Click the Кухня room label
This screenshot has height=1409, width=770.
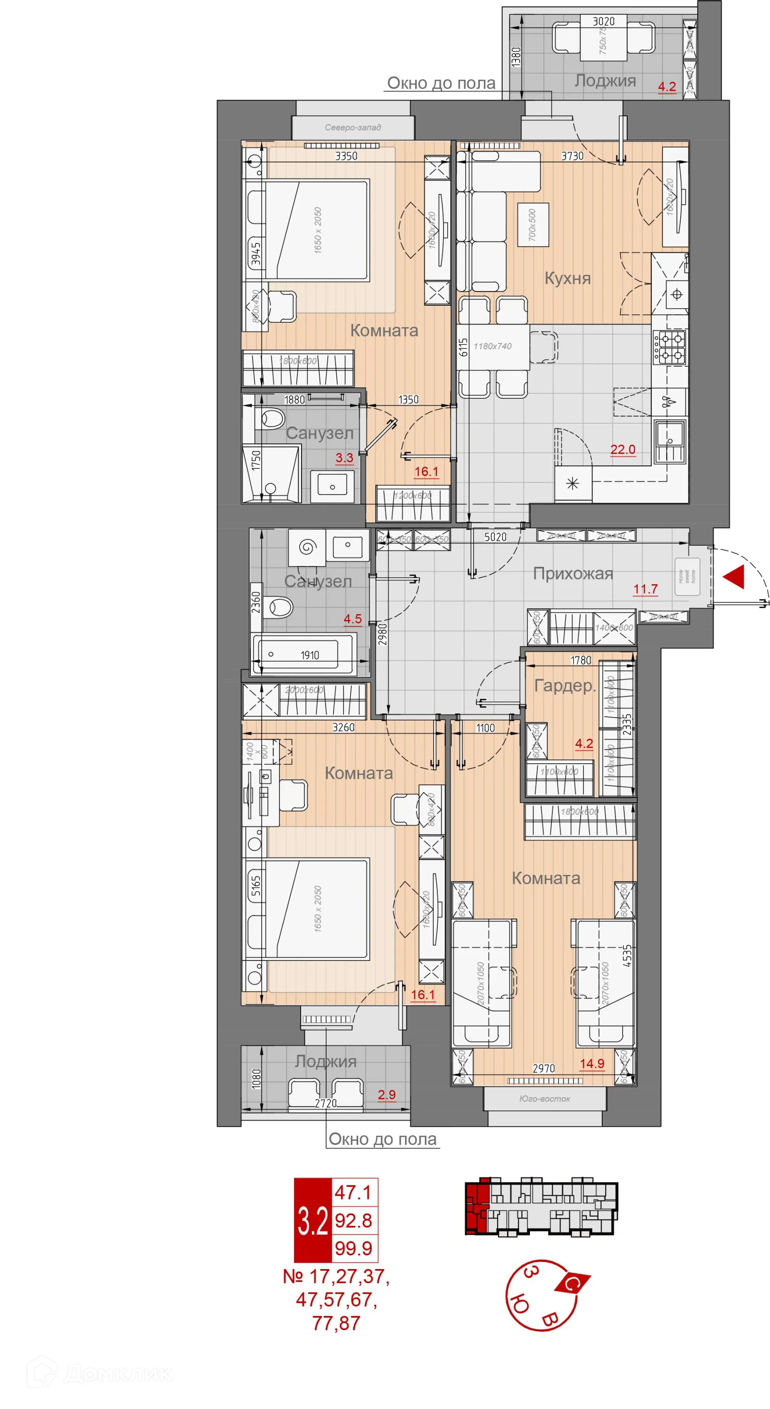click(x=567, y=278)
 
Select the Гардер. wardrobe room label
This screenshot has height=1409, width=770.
click(x=564, y=685)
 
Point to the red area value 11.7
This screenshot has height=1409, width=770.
click(x=645, y=589)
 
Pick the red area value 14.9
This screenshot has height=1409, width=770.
click(x=591, y=1063)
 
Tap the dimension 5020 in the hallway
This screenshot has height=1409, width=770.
click(x=495, y=537)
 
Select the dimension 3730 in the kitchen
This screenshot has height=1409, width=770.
click(x=572, y=156)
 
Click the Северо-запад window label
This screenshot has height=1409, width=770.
click(x=352, y=127)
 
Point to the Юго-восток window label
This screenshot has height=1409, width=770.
click(x=544, y=1099)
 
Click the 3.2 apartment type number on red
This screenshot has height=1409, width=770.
click(x=312, y=1221)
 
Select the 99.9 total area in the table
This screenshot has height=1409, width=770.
click(x=354, y=1248)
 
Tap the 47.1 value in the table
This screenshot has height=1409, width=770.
click(x=354, y=1192)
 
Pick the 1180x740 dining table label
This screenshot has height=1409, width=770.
click(x=492, y=346)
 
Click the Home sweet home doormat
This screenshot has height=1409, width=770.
click(x=687, y=576)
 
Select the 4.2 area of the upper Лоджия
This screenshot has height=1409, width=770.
click(x=666, y=86)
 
